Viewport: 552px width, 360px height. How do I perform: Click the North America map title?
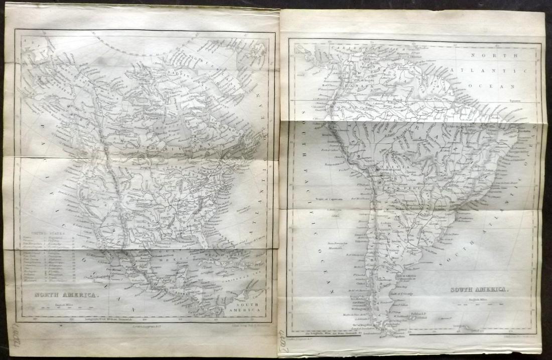65,295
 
